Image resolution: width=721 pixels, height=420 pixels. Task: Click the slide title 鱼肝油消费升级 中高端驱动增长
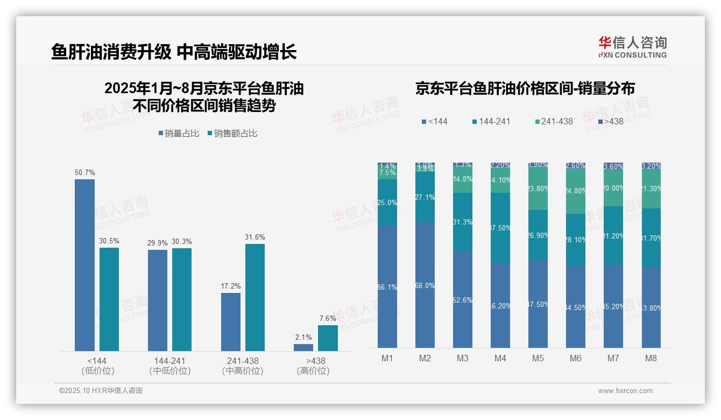pos(173,52)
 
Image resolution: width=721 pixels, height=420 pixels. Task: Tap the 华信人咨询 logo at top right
pos(632,47)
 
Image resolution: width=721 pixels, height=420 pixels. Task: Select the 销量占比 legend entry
pos(181,134)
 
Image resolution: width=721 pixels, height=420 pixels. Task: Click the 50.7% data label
pos(84,173)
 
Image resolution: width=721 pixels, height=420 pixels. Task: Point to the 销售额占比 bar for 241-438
pos(255,297)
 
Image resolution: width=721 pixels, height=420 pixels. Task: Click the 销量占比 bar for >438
pos(303,347)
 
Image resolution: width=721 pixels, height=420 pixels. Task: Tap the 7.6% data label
pos(328,318)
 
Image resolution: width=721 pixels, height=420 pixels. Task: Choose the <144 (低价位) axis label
pos(97,366)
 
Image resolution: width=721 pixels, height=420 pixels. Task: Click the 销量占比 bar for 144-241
pos(158,300)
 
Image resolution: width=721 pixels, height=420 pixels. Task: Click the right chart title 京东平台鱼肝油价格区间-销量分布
pos(525,88)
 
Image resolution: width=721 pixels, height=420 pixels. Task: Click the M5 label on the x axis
pos(538,358)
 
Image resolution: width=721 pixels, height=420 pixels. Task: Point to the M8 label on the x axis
pos(651,358)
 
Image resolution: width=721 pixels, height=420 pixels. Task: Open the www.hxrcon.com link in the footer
pos(625,391)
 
